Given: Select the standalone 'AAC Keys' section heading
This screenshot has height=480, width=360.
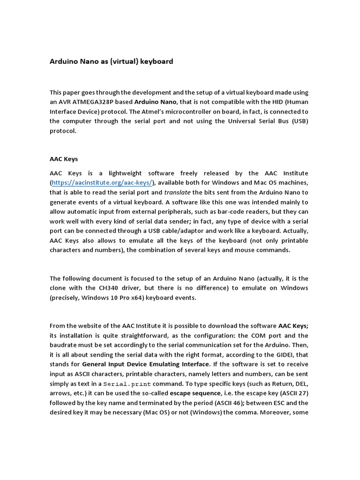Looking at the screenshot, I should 64,159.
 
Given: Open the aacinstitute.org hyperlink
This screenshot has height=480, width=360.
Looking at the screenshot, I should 102,182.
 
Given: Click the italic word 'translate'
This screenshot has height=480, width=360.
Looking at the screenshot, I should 177,192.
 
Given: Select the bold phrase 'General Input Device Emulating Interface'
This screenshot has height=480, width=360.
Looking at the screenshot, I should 145,364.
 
